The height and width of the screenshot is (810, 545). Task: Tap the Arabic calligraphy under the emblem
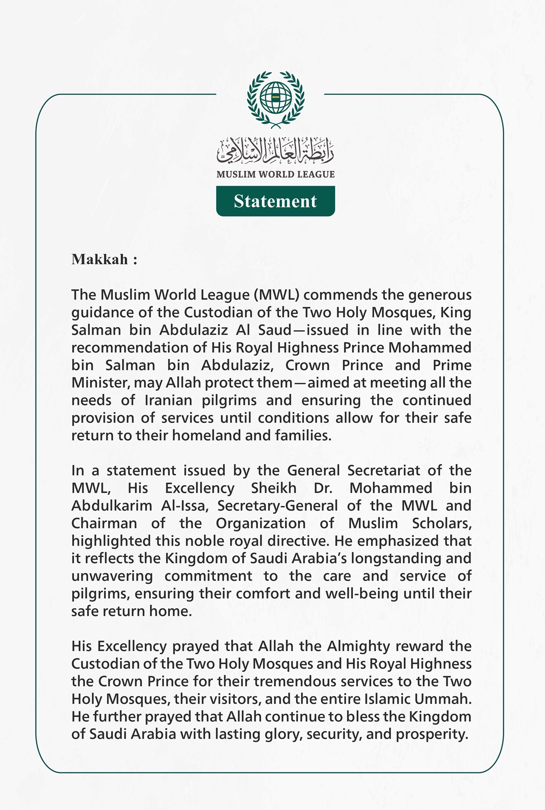pyautogui.click(x=275, y=151)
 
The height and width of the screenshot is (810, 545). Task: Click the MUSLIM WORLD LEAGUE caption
pyautogui.click(x=275, y=174)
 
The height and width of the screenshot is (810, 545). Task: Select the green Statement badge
pyautogui.click(x=275, y=201)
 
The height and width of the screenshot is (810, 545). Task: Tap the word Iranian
pyautogui.click(x=167, y=401)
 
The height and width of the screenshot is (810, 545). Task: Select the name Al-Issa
pyautogui.click(x=185, y=506)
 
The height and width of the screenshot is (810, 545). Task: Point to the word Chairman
pyautogui.click(x=104, y=523)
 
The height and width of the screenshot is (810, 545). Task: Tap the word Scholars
pyautogui.click(x=441, y=523)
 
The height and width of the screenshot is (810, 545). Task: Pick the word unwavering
pyautogui.click(x=112, y=576)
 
